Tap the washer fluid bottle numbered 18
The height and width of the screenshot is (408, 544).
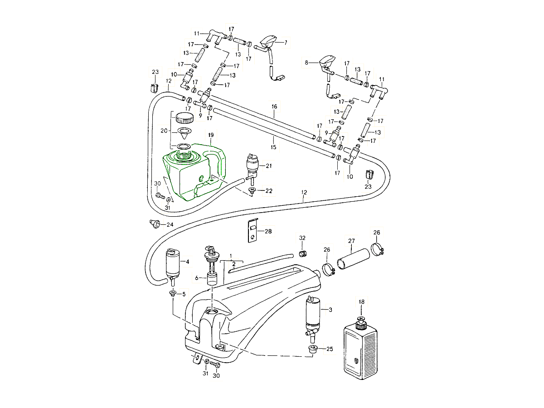tap(361, 347)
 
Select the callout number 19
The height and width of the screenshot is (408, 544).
tap(211, 135)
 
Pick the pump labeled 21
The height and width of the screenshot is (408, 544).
tap(252, 166)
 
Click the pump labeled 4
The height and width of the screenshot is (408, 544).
tap(172, 264)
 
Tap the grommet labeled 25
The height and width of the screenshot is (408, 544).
tap(312, 350)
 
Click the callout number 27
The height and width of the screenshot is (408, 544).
tap(351, 241)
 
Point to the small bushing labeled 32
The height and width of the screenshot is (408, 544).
tap(302, 252)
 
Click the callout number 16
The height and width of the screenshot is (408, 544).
tap(274, 107)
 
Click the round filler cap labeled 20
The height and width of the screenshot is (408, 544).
tap(184, 119)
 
